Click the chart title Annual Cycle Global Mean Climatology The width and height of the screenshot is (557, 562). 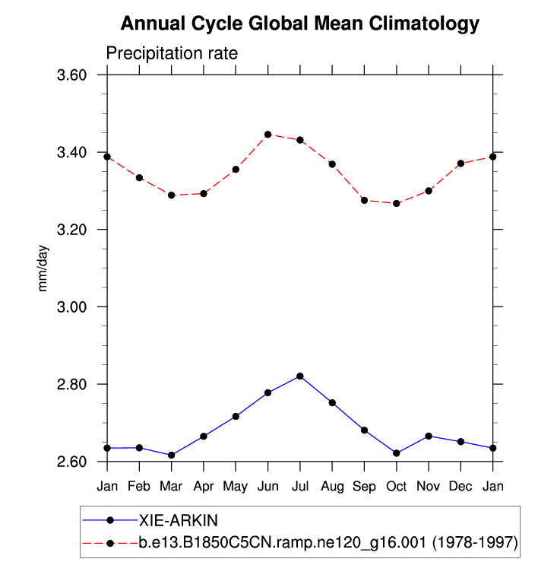coord(300,24)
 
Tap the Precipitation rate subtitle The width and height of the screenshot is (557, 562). coord(172,54)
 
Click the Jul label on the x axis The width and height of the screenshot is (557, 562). coord(300,484)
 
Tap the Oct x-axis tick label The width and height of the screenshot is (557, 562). coord(397,484)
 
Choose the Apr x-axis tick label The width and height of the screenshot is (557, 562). coord(204,484)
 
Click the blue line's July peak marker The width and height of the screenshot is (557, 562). coord(300,376)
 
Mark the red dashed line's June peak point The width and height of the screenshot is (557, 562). coord(268,135)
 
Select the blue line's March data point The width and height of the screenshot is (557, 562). coord(172,455)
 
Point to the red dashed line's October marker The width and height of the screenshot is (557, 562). coord(397,203)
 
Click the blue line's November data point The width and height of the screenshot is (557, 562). coord(429,436)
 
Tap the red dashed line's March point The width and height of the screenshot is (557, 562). coord(172,195)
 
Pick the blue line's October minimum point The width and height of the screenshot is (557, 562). coord(397,453)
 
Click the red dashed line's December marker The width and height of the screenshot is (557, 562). coord(461,164)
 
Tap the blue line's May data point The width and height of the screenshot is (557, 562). coord(236,416)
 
